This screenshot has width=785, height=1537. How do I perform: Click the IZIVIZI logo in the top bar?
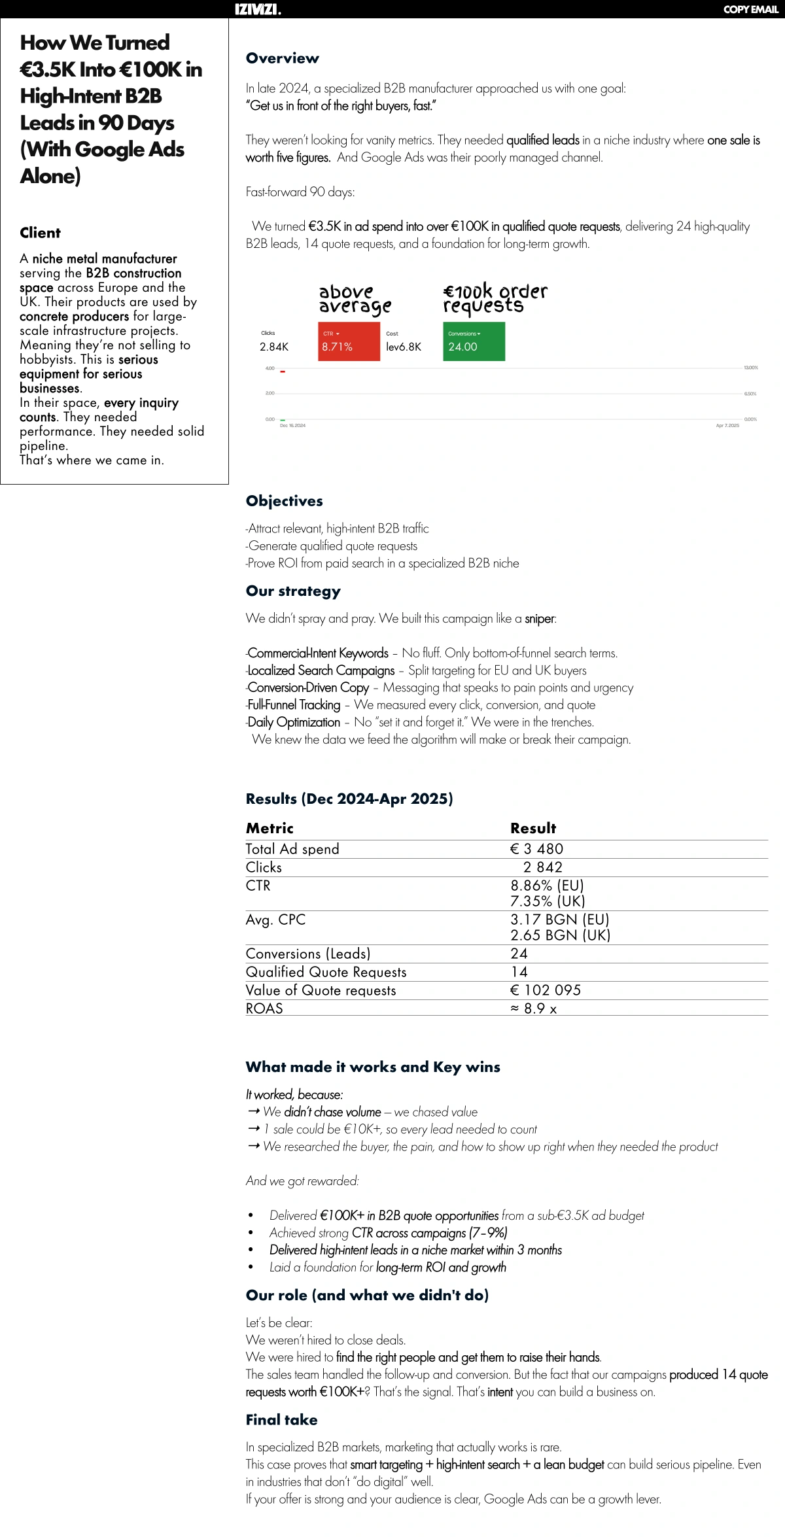pyautogui.click(x=258, y=9)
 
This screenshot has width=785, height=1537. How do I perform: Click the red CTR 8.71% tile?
pyautogui.click(x=349, y=341)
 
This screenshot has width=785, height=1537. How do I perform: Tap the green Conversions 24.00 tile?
pyautogui.click(x=474, y=341)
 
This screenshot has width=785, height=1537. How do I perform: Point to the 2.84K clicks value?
pyautogui.click(x=274, y=347)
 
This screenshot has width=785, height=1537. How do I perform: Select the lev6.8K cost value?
pyautogui.click(x=404, y=347)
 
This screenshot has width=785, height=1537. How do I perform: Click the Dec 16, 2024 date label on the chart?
pyautogui.click(x=292, y=426)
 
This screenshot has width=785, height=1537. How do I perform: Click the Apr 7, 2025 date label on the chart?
pyautogui.click(x=727, y=426)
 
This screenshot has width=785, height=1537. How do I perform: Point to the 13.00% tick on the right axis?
pyautogui.click(x=750, y=368)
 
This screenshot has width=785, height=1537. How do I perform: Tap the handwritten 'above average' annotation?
pyautogui.click(x=355, y=299)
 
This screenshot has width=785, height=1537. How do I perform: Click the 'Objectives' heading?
pyautogui.click(x=285, y=501)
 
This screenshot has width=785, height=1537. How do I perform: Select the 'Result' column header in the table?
pyautogui.click(x=533, y=828)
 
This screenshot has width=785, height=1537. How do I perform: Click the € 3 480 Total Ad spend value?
pyautogui.click(x=536, y=849)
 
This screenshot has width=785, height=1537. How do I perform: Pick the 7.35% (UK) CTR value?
pyautogui.click(x=548, y=901)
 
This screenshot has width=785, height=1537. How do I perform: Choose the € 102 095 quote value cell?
pyautogui.click(x=546, y=990)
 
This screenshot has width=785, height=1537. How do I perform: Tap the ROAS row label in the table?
pyautogui.click(x=264, y=1009)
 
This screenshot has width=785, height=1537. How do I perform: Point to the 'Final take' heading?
pyautogui.click(x=281, y=1420)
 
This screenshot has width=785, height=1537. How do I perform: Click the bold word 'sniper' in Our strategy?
pyautogui.click(x=540, y=619)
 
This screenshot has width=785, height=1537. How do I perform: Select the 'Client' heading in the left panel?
pyautogui.click(x=40, y=233)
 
